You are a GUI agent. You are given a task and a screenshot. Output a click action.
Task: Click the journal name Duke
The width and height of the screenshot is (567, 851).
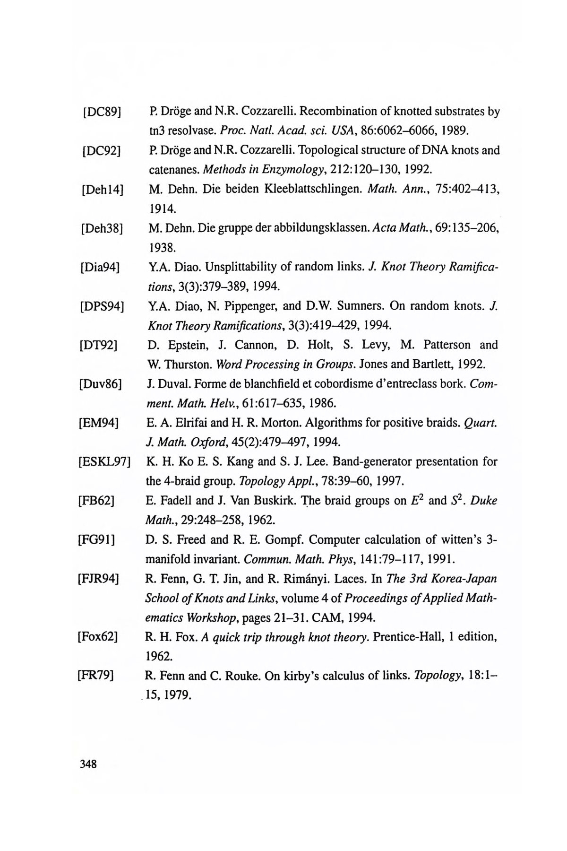(485, 500)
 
